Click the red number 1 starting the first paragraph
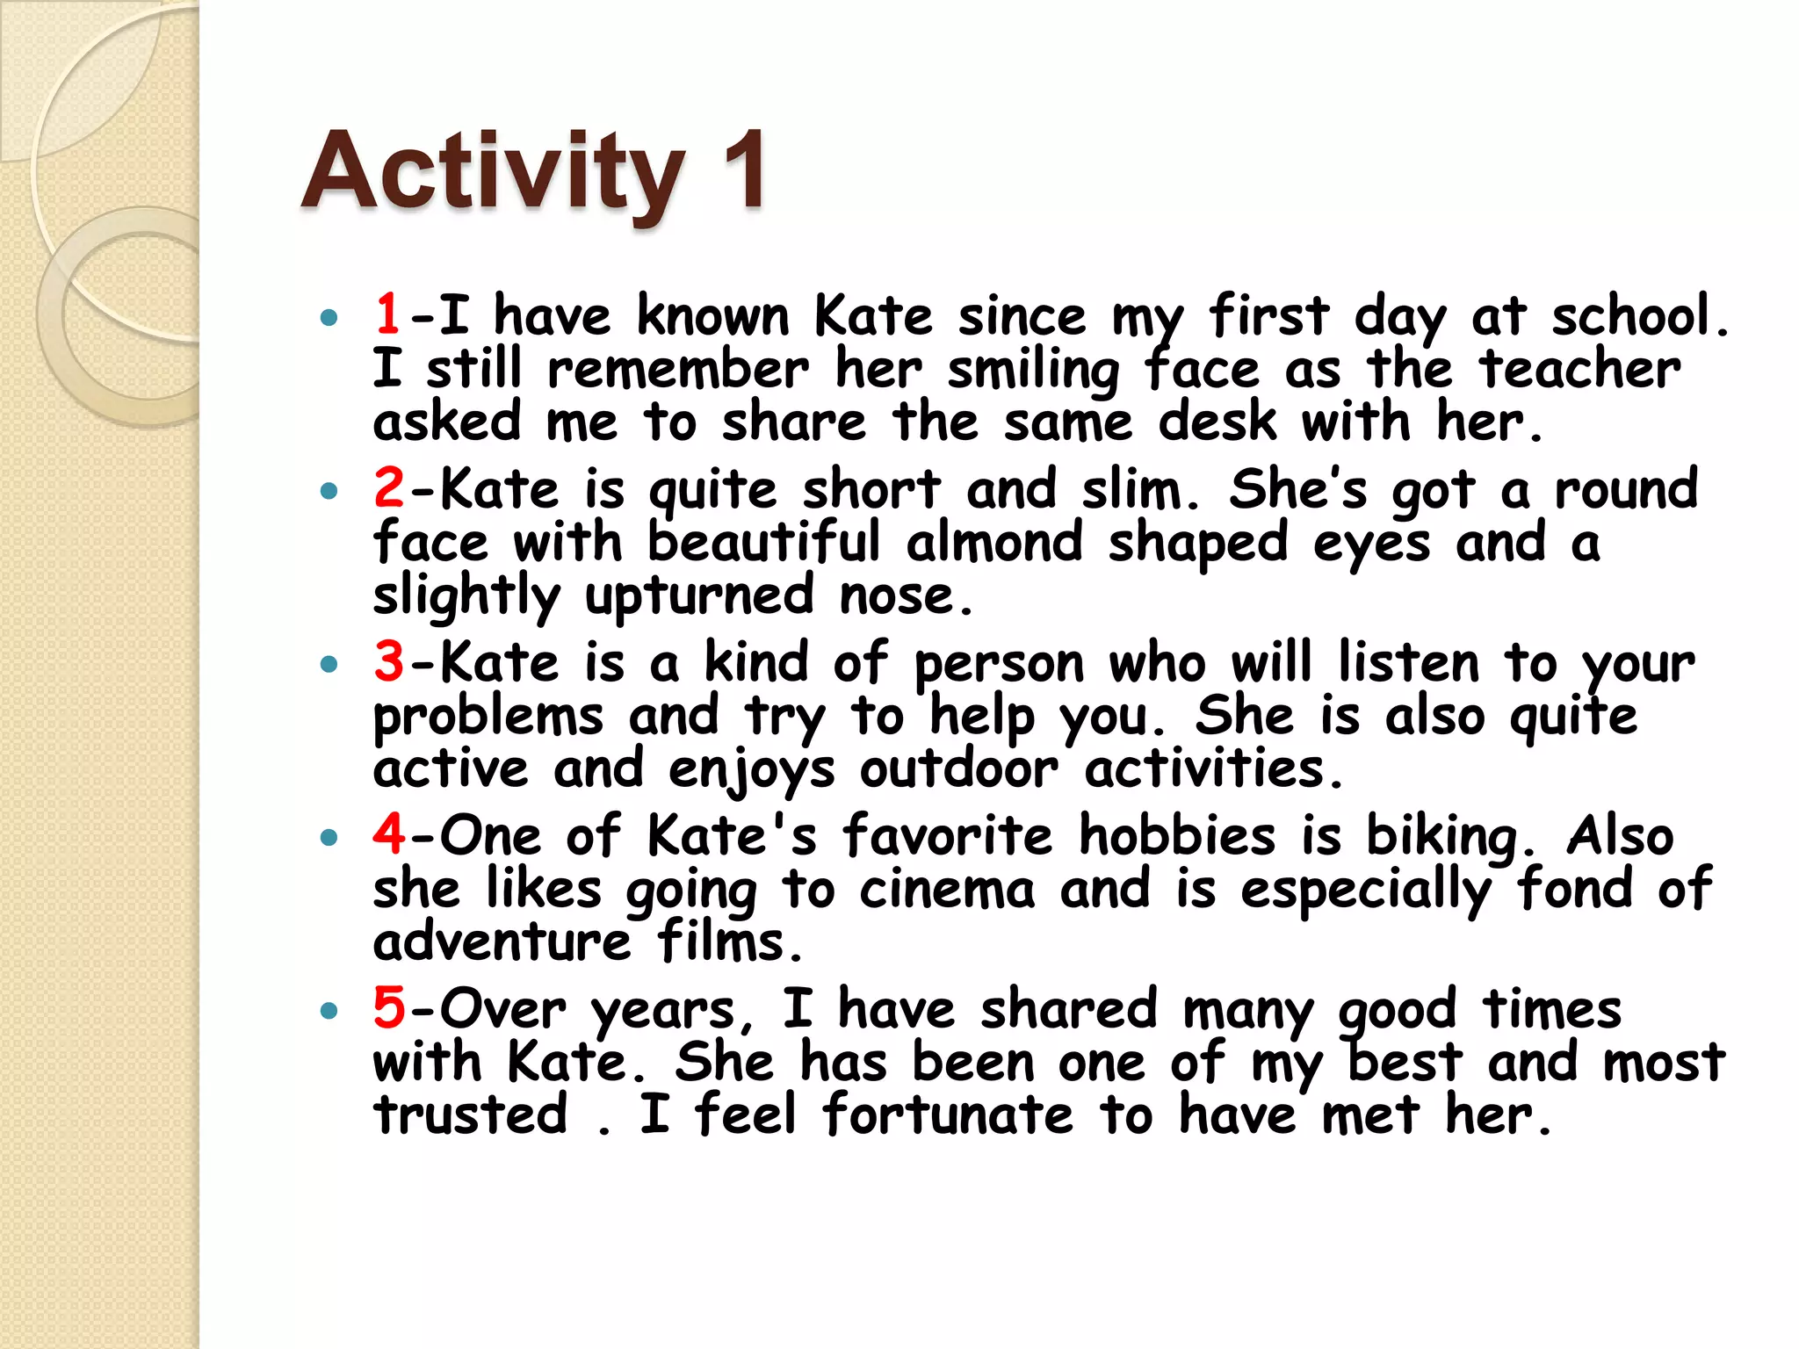(387, 314)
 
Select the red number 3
(388, 661)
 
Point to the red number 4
(388, 833)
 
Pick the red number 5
(388, 1007)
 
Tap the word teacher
(1579, 368)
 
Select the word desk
(1217, 422)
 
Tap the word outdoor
(958, 769)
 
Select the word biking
(1441, 837)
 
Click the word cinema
(947, 890)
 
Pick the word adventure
(502, 941)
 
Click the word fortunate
(948, 1115)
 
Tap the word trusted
(471, 1115)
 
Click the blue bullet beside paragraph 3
(329, 664)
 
